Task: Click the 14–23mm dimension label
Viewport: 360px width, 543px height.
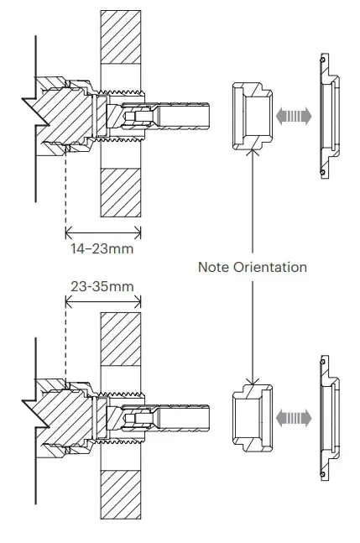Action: pyautogui.click(x=101, y=248)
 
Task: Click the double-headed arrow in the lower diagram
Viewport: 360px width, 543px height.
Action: pyautogui.click(x=293, y=415)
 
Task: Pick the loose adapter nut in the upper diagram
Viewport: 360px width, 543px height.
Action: pyautogui.click(x=251, y=114)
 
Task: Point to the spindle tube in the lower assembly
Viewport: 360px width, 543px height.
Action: pyautogui.click(x=185, y=415)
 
